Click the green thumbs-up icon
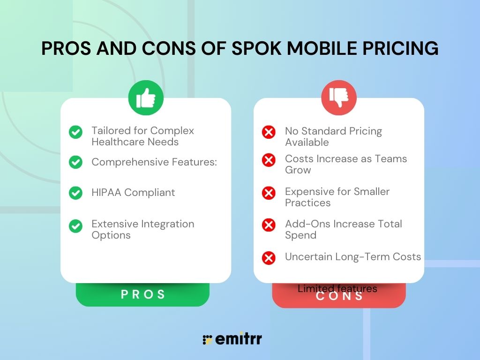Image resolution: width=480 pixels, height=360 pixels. [x=146, y=98]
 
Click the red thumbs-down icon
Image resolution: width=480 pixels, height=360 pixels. [x=338, y=98]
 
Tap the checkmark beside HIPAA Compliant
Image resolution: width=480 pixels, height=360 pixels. [x=75, y=193]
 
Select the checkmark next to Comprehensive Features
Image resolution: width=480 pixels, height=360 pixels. [x=75, y=162]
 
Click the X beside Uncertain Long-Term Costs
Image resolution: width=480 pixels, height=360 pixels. [x=269, y=258]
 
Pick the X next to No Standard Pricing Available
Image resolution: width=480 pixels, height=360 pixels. [x=269, y=133]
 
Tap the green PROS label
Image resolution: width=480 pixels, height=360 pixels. [x=143, y=294]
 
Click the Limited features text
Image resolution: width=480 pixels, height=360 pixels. [x=337, y=289]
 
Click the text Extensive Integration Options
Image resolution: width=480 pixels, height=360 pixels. [x=142, y=230]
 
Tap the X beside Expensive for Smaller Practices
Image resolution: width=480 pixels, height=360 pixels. [x=269, y=193]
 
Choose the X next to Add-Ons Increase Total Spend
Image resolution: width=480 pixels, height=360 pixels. [x=269, y=225]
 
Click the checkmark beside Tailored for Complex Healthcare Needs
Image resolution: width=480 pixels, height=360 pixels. [x=75, y=132]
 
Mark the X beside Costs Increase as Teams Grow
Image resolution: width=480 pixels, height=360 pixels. [x=269, y=160]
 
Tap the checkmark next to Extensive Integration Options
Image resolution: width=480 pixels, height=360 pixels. [x=75, y=226]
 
